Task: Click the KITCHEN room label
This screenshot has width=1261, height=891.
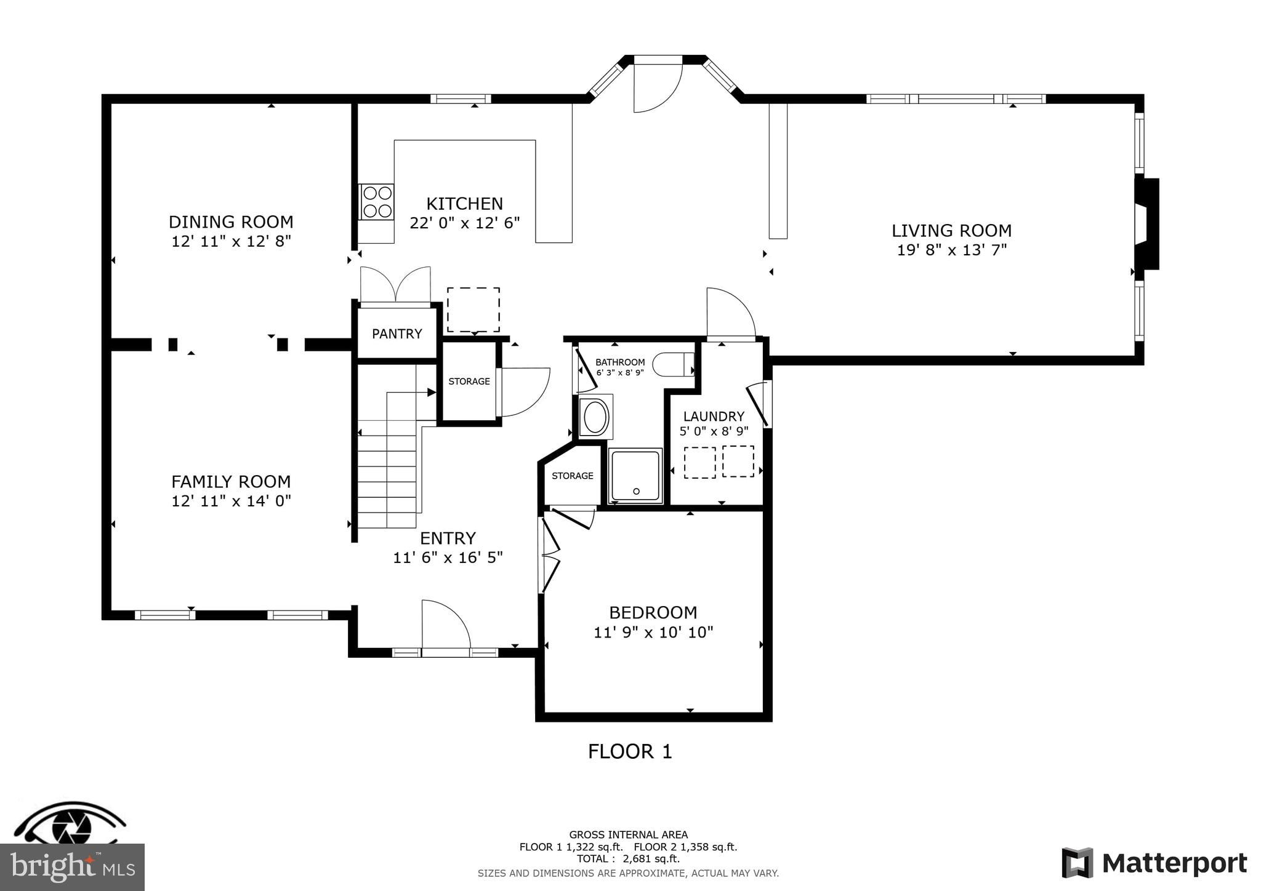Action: (464, 204)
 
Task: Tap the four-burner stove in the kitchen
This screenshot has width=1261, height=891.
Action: (377, 202)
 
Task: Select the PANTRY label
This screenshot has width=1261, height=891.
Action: (397, 334)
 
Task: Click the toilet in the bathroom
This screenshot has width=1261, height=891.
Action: (672, 364)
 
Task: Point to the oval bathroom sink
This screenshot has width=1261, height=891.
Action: (595, 417)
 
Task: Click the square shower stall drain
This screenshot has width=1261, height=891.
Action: (636, 490)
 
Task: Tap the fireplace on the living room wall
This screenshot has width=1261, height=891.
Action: (1147, 224)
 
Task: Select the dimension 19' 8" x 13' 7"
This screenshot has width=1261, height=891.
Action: (951, 250)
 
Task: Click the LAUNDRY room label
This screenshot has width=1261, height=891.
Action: (714, 416)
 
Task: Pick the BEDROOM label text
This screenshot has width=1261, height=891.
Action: (653, 612)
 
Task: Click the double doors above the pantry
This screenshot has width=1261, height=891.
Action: (395, 285)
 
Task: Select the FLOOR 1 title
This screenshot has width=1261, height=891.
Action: (630, 751)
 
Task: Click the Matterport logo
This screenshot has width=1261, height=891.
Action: (1154, 863)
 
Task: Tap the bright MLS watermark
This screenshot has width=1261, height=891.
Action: (72, 867)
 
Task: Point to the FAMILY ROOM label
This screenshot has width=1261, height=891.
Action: (231, 481)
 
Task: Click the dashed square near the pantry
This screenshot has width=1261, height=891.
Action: (473, 310)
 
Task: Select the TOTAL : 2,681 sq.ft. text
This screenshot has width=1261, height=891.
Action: (628, 858)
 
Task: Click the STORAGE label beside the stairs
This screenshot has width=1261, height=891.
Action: (469, 382)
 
